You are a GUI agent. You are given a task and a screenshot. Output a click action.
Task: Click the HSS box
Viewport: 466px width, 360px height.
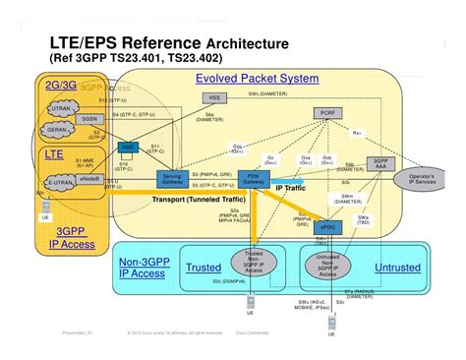[214, 98]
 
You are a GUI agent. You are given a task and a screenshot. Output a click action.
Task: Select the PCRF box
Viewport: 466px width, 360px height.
[328, 114]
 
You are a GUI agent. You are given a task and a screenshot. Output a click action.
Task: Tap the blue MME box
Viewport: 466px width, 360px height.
[127, 147]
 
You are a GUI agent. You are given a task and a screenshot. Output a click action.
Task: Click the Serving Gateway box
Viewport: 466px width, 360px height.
[173, 179]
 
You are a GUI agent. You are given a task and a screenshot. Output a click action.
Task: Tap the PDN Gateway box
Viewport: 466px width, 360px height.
[253, 179]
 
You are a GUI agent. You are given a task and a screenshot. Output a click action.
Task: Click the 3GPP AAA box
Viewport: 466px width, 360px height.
[380, 164]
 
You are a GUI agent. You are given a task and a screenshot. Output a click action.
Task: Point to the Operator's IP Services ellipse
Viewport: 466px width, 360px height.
[427, 180]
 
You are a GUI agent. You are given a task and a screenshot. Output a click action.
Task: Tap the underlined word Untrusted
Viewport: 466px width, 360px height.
[396, 268]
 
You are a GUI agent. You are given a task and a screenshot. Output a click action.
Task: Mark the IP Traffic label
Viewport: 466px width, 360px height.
[295, 186]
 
